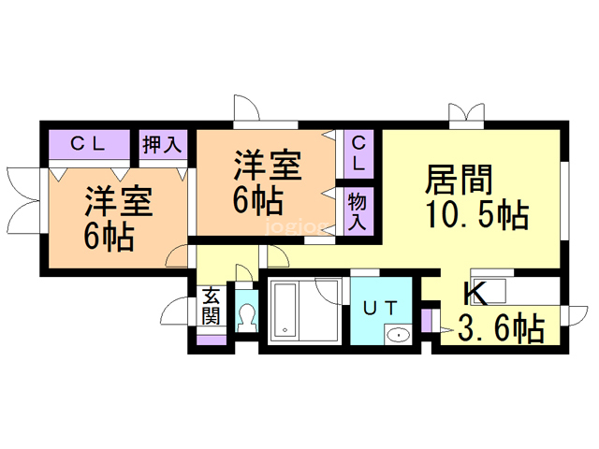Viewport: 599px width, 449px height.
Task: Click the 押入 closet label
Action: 161,144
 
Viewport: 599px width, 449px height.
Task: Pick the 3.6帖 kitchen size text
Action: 501,328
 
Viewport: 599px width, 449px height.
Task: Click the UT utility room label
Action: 382,306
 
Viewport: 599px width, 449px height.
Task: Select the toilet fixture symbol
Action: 246,316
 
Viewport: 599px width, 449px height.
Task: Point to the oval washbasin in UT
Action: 398,335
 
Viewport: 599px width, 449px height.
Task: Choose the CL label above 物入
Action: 359,152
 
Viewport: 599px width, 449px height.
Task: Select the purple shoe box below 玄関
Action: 212,340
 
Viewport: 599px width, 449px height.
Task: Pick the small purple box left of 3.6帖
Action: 427,322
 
